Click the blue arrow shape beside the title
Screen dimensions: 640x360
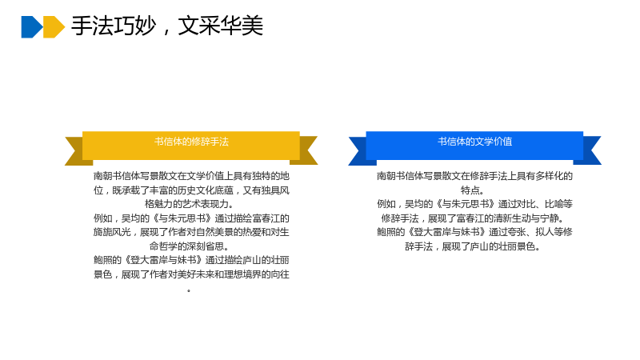[x=31, y=27]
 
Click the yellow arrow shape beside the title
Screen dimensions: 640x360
[x=54, y=27]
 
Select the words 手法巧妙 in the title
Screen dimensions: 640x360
[x=114, y=26]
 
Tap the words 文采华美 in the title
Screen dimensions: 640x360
[x=221, y=26]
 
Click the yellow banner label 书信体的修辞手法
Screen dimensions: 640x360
[x=191, y=142]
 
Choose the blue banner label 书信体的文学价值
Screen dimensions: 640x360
[x=474, y=142]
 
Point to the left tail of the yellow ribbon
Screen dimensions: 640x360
[x=76, y=150]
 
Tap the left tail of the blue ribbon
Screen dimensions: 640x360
[x=359, y=150]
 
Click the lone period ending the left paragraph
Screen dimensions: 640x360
[x=189, y=290]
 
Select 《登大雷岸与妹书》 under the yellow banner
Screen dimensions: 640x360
[x=164, y=260]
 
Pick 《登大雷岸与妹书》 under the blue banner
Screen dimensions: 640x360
[x=447, y=232]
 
